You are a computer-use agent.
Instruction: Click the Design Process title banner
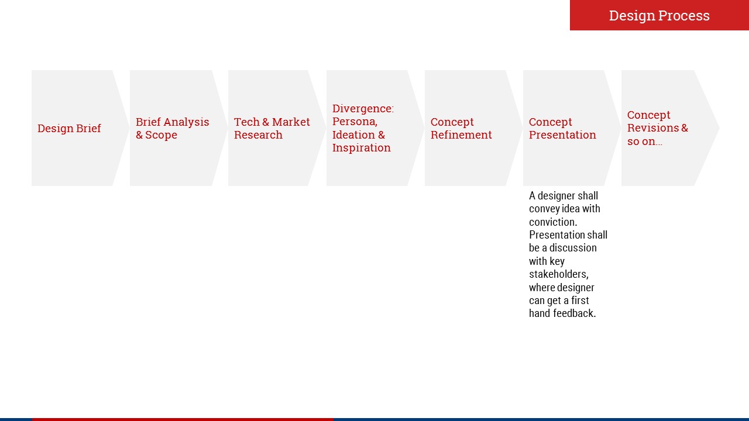tap(659, 15)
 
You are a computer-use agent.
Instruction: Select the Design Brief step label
tap(69, 128)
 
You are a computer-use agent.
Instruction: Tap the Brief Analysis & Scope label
tap(173, 128)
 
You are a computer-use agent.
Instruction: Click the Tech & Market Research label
tap(272, 128)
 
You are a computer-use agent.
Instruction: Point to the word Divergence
tap(363, 109)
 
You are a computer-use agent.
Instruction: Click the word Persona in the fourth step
tap(355, 122)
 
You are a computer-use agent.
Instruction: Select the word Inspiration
tap(362, 148)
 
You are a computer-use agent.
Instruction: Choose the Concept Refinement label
tap(461, 128)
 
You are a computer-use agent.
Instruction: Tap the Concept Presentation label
tap(562, 128)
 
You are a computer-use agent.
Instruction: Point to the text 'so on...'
tap(645, 142)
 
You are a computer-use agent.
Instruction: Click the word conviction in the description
tap(553, 222)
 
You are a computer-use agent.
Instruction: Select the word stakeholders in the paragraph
tap(559, 274)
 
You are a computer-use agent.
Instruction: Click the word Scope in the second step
tap(161, 135)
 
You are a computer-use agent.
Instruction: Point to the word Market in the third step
tap(291, 122)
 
